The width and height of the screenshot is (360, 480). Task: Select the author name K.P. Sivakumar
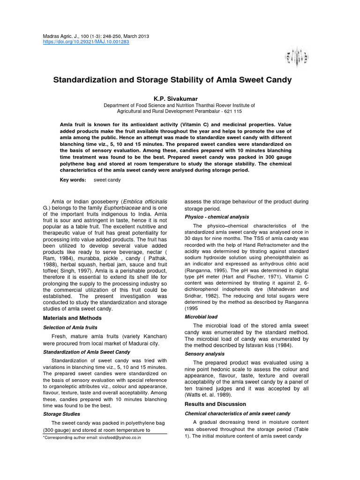coord(180,98)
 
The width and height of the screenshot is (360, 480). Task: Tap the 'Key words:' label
coord(73,180)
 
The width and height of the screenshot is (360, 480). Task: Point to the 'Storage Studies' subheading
coord(61,414)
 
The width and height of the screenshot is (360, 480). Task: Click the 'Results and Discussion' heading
coord(215,404)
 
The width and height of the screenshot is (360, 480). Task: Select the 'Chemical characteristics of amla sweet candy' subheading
coord(238,413)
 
